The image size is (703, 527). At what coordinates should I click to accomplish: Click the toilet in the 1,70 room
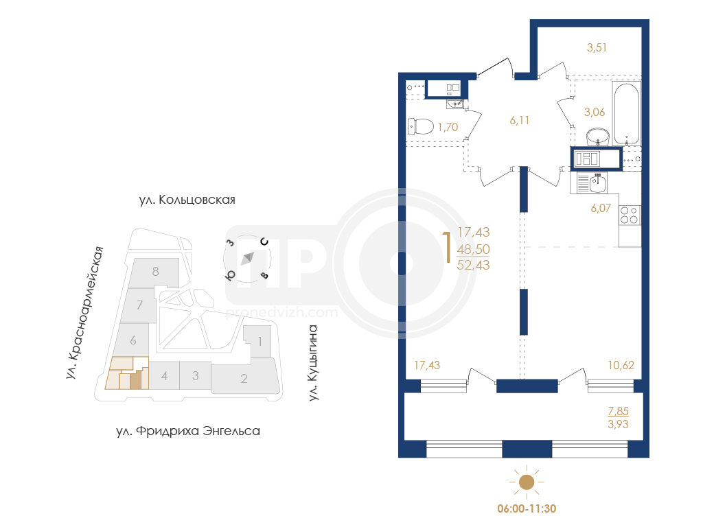tap(421, 126)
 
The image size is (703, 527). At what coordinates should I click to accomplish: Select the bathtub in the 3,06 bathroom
tap(626, 113)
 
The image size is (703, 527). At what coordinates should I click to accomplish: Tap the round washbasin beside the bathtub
tap(598, 137)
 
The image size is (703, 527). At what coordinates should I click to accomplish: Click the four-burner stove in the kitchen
tap(629, 215)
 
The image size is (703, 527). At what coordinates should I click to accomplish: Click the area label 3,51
tap(597, 47)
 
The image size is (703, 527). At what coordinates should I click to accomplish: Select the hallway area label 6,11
tap(520, 120)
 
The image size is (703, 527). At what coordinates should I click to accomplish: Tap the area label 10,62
tap(621, 365)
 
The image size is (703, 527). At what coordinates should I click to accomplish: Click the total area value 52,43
tap(474, 266)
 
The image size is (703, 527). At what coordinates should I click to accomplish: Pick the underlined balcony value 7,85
tap(619, 411)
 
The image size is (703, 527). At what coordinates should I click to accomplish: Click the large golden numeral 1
tap(447, 247)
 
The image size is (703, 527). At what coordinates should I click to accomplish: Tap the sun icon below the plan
tap(527, 482)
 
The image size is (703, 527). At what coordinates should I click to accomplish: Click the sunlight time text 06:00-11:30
tap(527, 509)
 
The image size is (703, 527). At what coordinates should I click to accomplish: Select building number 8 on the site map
tap(156, 271)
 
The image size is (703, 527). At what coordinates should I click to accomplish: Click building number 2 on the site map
tap(244, 379)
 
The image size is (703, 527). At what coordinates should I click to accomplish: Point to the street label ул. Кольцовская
tap(187, 200)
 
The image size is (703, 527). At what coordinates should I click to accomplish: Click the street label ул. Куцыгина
tap(313, 362)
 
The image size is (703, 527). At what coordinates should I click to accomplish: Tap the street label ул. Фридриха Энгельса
tap(188, 431)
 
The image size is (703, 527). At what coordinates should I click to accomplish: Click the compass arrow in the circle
tap(247, 259)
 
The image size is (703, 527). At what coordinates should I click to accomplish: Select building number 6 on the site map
tap(133, 340)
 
